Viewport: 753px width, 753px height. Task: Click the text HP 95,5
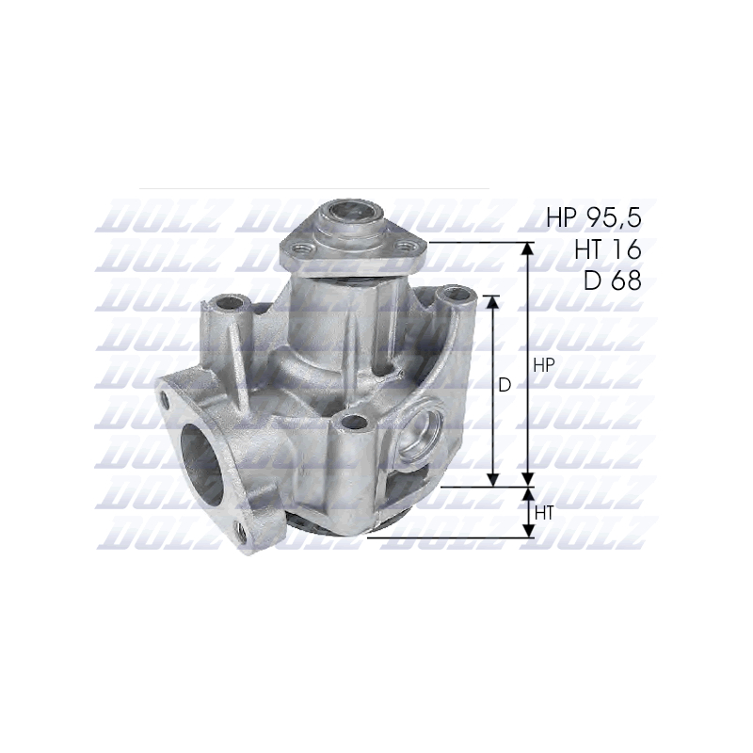(594, 218)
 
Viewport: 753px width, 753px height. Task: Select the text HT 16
(607, 249)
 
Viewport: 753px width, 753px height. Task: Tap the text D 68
(613, 280)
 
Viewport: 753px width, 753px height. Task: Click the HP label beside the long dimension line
(544, 365)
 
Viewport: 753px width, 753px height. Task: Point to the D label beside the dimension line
(505, 385)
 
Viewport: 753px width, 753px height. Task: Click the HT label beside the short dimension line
(544, 513)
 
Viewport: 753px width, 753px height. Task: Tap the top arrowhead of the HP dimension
(528, 248)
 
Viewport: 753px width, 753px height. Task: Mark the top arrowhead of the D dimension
(492, 302)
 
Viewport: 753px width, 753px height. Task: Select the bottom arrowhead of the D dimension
(492, 480)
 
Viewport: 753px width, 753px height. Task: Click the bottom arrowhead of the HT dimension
(528, 531)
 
